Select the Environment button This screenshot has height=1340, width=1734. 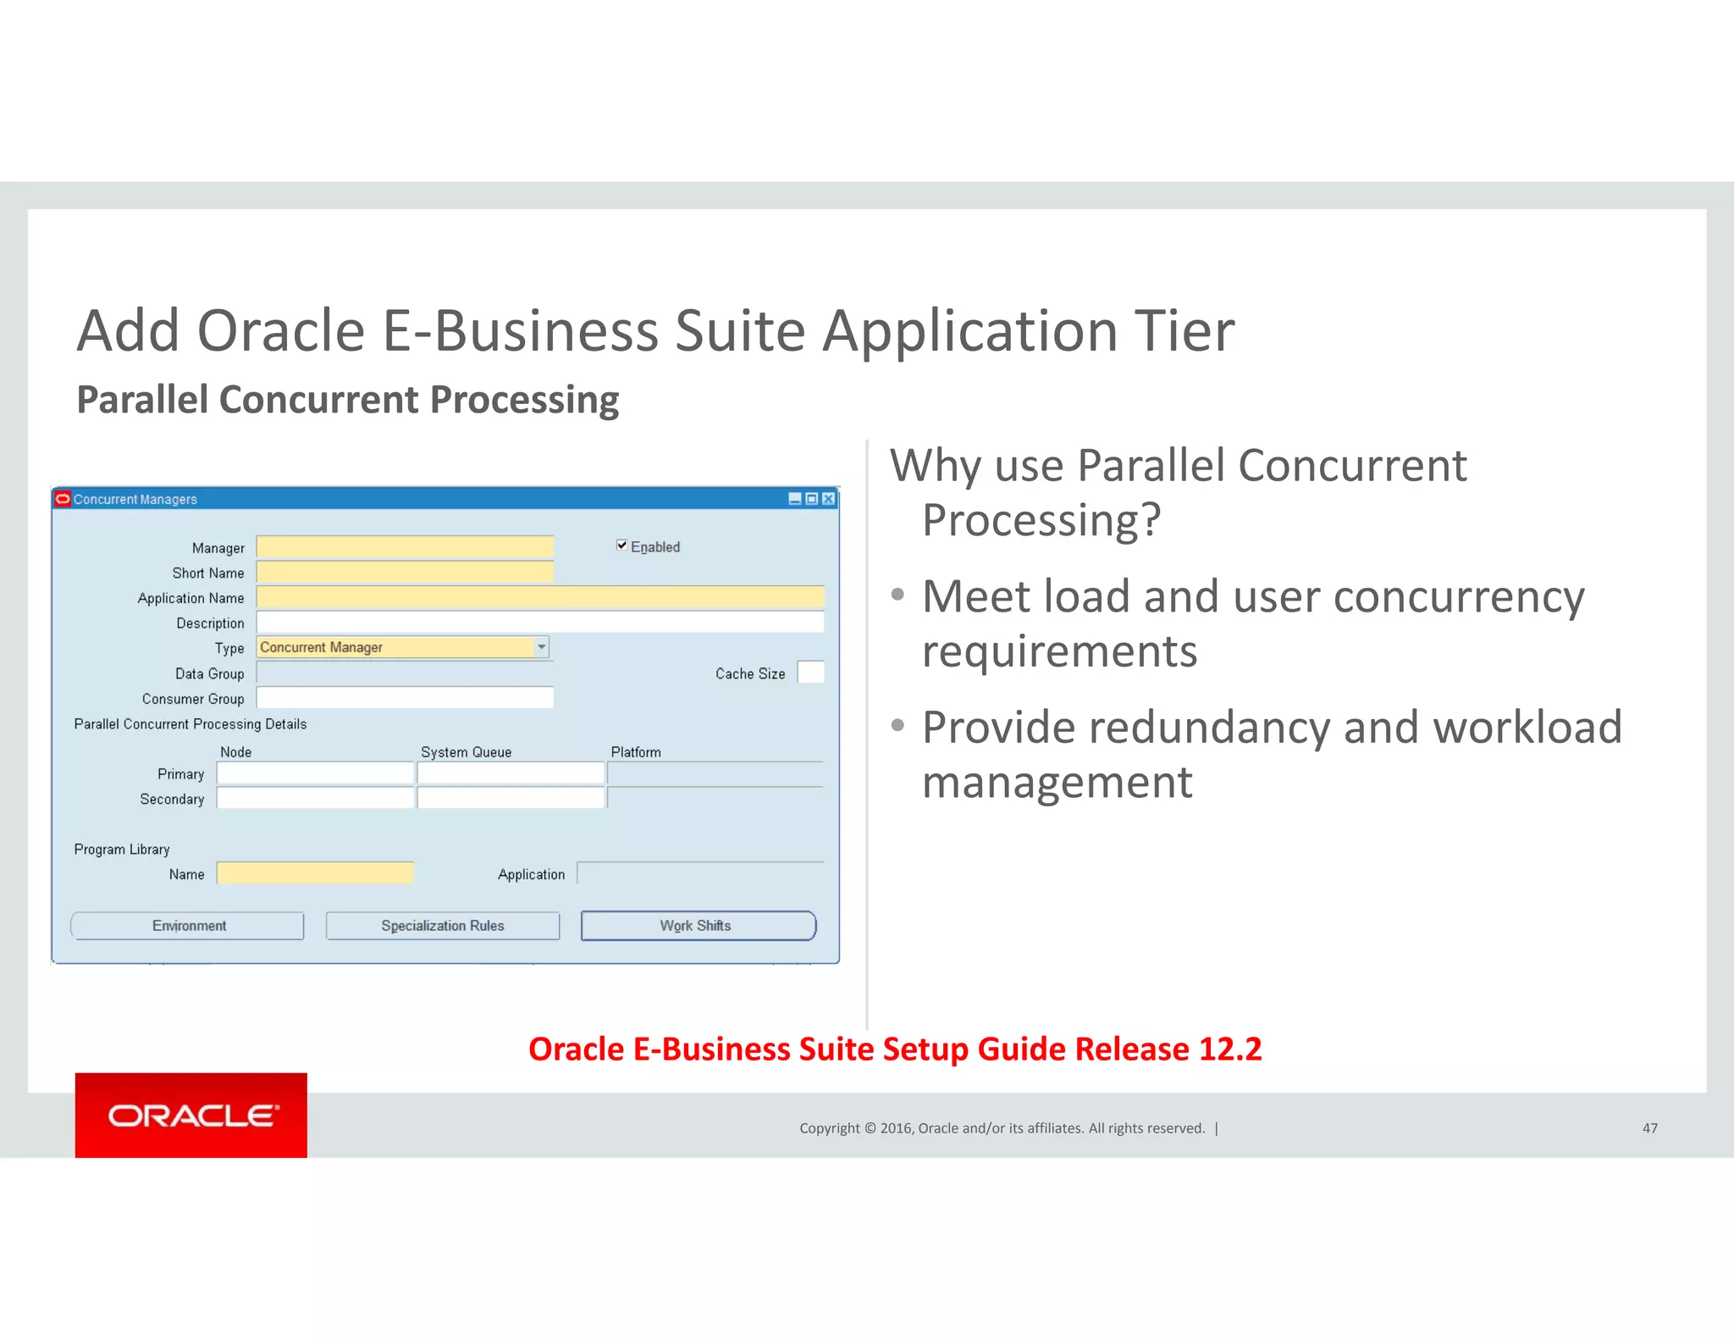click(188, 926)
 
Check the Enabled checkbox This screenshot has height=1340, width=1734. click(621, 545)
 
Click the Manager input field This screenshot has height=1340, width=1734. click(405, 547)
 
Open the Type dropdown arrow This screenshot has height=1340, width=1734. click(541, 647)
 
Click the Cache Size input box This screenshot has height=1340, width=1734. click(810, 673)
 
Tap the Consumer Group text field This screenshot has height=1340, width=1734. click(405, 698)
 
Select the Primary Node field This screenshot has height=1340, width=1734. click(315, 773)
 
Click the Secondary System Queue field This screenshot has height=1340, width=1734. click(511, 798)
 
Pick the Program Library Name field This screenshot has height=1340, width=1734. click(315, 873)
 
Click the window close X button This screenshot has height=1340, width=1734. click(828, 499)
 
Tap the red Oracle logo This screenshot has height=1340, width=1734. click(191, 1115)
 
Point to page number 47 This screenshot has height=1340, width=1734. click(1649, 1128)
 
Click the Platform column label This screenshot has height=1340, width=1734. click(636, 752)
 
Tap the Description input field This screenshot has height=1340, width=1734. click(540, 623)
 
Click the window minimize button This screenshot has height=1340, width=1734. click(794, 499)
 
